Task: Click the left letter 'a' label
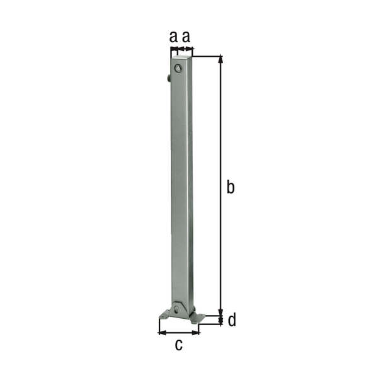pyautogui.click(x=173, y=38)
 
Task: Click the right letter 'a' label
pyautogui.click(x=186, y=38)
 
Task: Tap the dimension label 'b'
pyautogui.click(x=231, y=186)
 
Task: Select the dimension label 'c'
pyautogui.click(x=178, y=345)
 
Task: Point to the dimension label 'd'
pyautogui.click(x=232, y=321)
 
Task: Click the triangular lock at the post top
pyautogui.click(x=178, y=68)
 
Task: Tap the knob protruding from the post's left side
pyautogui.click(x=168, y=78)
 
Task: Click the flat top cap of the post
pyautogui.click(x=181, y=59)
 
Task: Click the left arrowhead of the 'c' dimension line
pyautogui.click(x=159, y=331)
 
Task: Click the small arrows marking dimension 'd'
pyautogui.click(x=220, y=321)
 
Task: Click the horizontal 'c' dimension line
pyautogui.click(x=178, y=331)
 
